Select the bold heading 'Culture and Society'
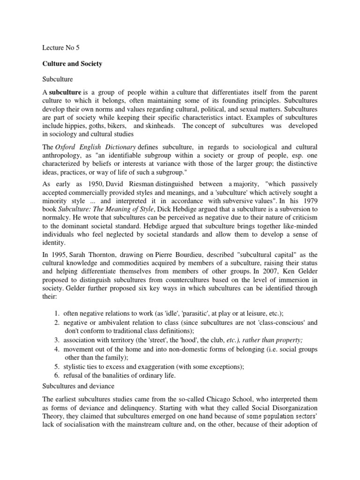coord(70,63)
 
